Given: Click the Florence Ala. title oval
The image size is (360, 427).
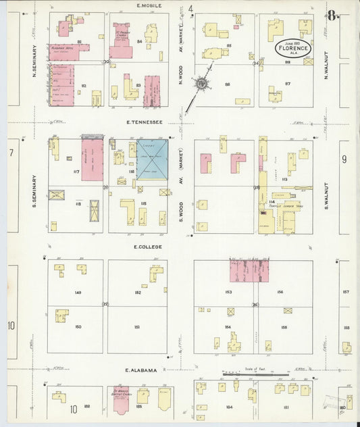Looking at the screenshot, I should click(x=292, y=49).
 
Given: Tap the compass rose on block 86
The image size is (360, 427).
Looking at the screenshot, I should click(x=201, y=84).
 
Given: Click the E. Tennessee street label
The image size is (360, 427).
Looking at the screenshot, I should click(x=145, y=122).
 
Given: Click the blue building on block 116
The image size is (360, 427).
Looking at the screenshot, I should click(x=152, y=157).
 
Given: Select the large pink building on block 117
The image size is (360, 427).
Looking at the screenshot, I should click(x=92, y=160).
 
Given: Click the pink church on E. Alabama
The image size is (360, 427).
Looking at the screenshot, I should click(x=120, y=401).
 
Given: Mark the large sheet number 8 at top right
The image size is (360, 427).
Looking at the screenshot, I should click(x=333, y=16).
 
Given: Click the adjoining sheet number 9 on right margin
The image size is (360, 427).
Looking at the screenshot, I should click(x=344, y=159).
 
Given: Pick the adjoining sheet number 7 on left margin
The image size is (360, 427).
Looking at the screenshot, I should click(x=11, y=153).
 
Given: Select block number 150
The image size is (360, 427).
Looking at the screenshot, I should click(x=78, y=327).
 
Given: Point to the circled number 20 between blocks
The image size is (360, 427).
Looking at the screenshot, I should click(x=106, y=62).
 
